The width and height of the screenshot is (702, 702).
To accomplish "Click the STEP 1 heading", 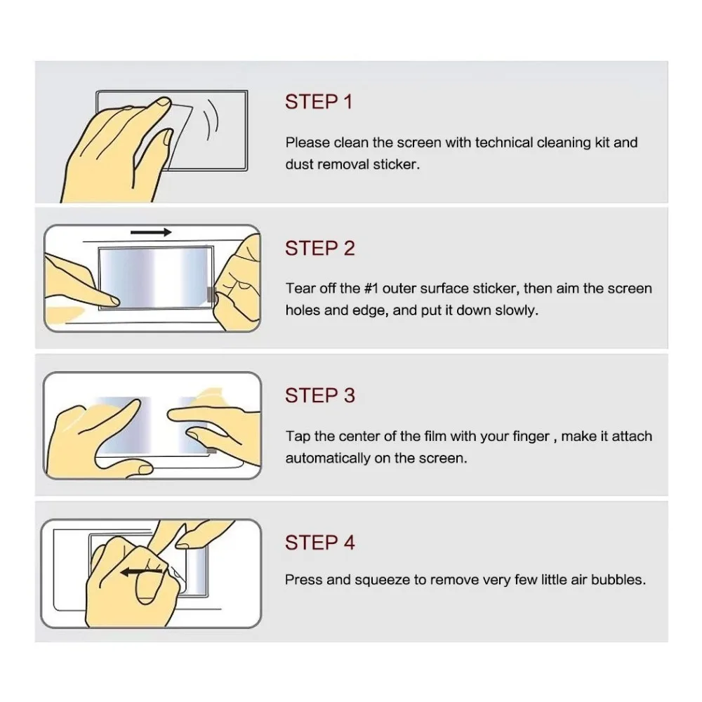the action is [x=319, y=102].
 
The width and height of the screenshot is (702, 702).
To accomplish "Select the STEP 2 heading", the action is [x=320, y=249].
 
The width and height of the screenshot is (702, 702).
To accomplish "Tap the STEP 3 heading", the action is [x=320, y=396].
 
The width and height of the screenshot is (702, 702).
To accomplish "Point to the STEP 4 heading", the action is [x=320, y=543].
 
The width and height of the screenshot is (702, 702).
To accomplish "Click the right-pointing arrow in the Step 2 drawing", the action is [x=151, y=232].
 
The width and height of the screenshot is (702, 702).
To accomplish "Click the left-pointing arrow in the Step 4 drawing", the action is [x=142, y=571].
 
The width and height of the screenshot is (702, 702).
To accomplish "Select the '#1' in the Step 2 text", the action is [x=371, y=289].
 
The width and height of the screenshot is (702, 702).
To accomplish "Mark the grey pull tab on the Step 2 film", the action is [x=210, y=294].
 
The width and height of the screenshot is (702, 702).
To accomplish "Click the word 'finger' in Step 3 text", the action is [x=531, y=437].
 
